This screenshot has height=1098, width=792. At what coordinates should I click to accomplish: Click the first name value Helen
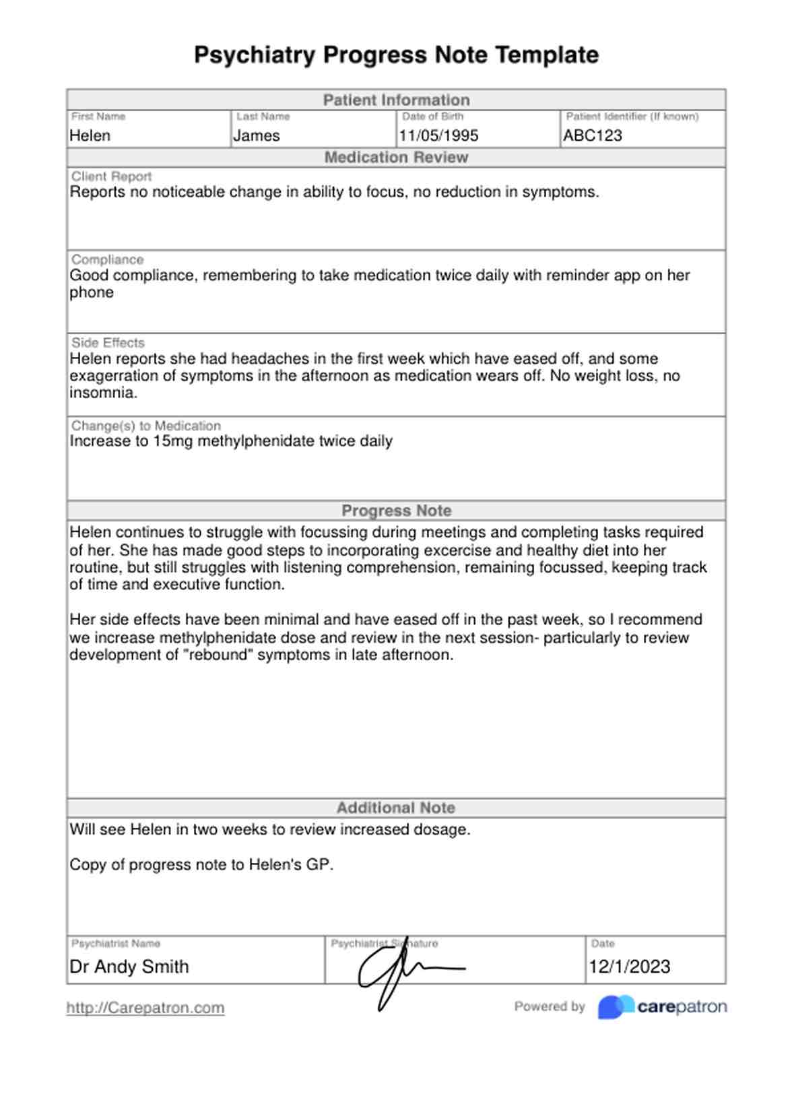pos(90,135)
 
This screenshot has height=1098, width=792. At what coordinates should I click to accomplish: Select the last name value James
pos(257,135)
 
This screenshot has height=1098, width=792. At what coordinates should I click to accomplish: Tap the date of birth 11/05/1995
pos(438,135)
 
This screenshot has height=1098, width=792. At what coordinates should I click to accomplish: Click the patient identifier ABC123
pos(593,135)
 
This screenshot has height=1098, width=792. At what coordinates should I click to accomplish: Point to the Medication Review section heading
pos(396,157)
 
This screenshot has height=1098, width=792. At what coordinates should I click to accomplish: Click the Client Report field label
pos(111,176)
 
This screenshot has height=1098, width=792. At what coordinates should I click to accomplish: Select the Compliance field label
pos(108,259)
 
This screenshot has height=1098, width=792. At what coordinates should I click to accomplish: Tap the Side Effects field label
pos(108,342)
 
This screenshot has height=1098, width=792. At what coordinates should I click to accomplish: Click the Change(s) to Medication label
pos(146,426)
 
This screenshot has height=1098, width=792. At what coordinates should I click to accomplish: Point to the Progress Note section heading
pos(396,511)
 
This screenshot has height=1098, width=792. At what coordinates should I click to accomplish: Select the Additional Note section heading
pos(396,808)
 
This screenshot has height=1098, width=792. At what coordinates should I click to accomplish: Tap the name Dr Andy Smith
pos(129,967)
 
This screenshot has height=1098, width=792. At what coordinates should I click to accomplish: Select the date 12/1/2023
pos(630,967)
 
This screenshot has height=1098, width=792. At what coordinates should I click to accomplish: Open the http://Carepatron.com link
pos(145,1008)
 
